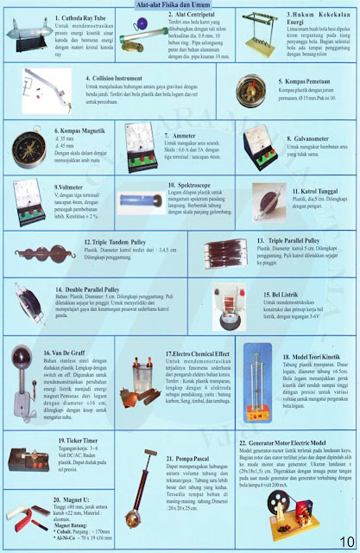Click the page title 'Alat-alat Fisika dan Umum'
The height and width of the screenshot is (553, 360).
180,5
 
